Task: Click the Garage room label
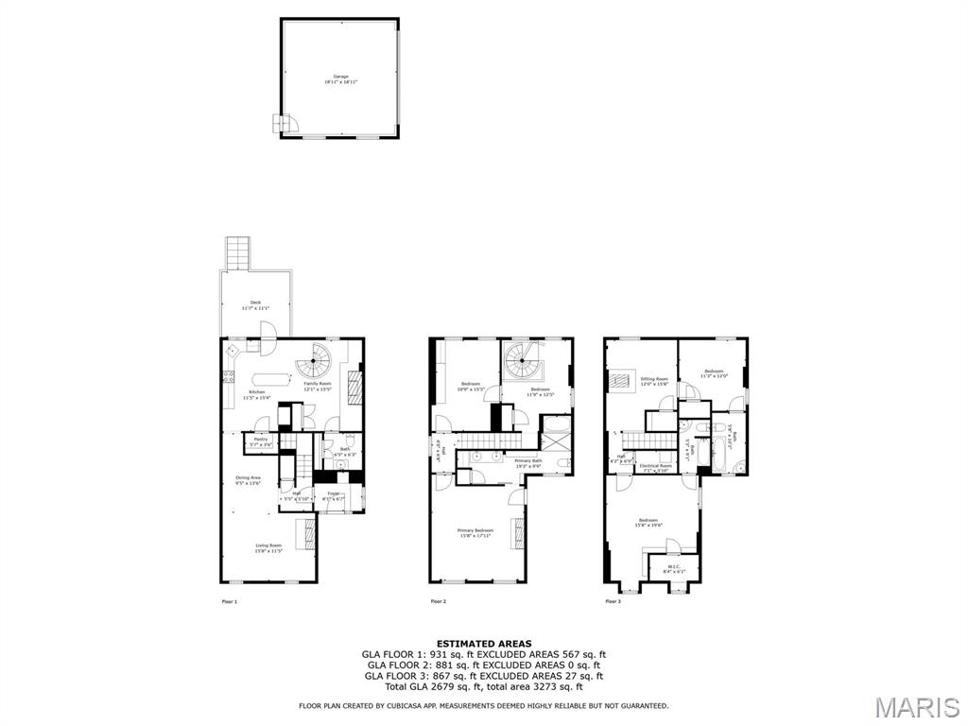pyautogui.click(x=340, y=77)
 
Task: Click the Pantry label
pyautogui.click(x=261, y=441)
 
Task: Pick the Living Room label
pyautogui.click(x=268, y=545)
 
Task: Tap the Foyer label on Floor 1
pyautogui.click(x=333, y=493)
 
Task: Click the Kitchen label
pyautogui.click(x=257, y=392)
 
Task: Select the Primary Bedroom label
pyautogui.click(x=475, y=531)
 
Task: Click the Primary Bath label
pyautogui.click(x=528, y=460)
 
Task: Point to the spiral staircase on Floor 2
pyautogui.click(x=523, y=359)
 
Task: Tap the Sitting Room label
pyautogui.click(x=654, y=379)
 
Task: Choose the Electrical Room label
pyautogui.click(x=655, y=465)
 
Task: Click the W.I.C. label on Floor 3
pyautogui.click(x=673, y=568)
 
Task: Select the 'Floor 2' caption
pyautogui.click(x=438, y=601)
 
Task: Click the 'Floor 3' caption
pyautogui.click(x=614, y=601)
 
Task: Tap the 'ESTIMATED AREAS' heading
pyautogui.click(x=483, y=643)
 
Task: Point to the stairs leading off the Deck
pyautogui.click(x=237, y=252)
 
